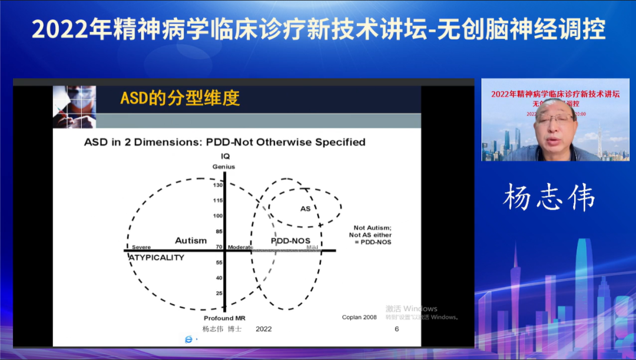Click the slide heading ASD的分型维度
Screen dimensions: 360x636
point(180,98)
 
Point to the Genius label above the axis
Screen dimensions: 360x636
point(224,167)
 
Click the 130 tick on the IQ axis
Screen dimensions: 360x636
point(218,186)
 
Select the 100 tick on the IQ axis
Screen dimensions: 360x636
point(218,216)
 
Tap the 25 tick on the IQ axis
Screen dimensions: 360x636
point(219,293)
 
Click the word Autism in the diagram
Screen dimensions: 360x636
point(191,240)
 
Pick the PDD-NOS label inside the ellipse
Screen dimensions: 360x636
point(290,241)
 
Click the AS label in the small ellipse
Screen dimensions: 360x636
point(305,209)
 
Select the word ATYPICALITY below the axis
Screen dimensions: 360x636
point(157,258)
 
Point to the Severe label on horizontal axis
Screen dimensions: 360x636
point(141,247)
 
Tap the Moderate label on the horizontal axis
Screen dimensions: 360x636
point(240,247)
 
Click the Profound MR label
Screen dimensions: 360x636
point(224,318)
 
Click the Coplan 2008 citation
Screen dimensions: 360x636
point(359,318)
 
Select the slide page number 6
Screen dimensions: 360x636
point(396,329)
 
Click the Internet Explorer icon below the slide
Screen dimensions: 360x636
point(188,339)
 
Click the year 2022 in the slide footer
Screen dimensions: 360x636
point(263,329)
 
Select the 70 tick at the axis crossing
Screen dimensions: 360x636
point(219,247)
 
